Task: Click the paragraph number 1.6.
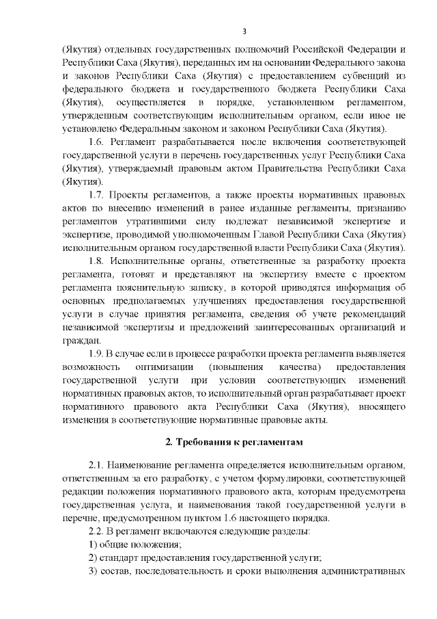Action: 98,142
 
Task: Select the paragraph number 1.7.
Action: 98,195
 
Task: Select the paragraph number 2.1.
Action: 98,466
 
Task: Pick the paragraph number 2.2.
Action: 98,531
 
